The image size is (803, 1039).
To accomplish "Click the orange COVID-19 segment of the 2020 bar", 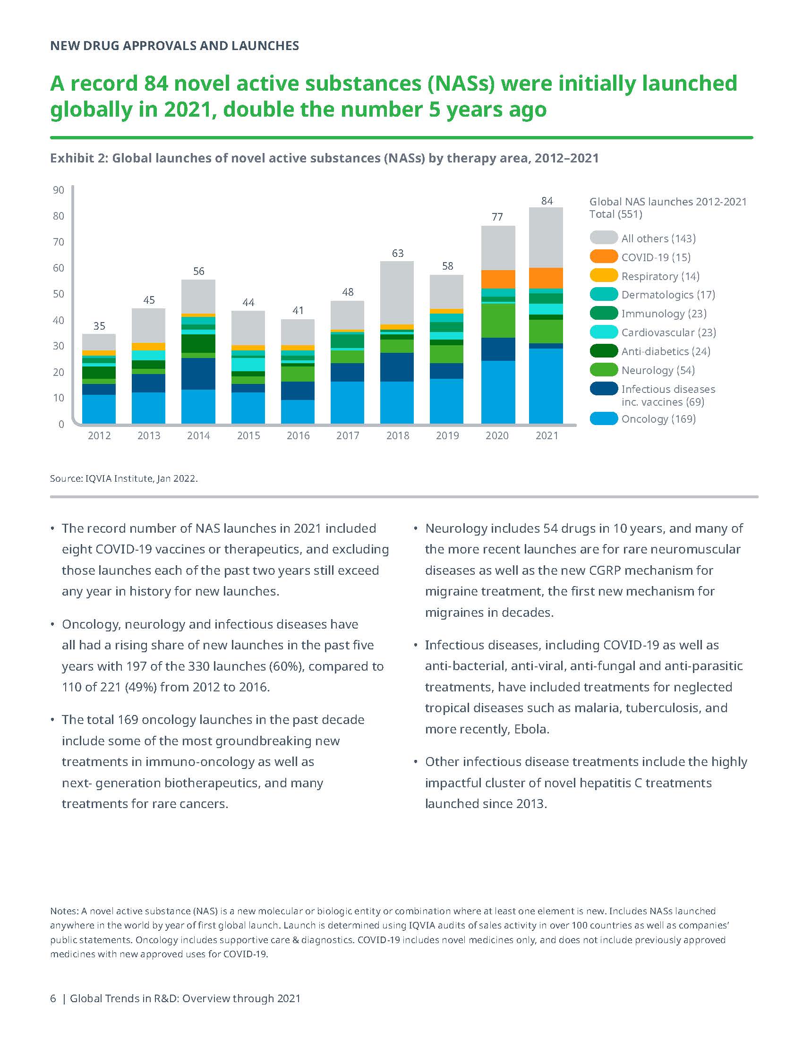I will pyautogui.click(x=497, y=279).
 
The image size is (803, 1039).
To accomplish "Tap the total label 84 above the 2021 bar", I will pyautogui.click(x=547, y=201).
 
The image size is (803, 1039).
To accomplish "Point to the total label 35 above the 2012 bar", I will pyautogui.click(x=99, y=326).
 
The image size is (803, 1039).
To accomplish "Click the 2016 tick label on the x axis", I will pyautogui.click(x=298, y=435).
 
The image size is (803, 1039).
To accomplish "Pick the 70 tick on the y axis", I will pyautogui.click(x=59, y=242).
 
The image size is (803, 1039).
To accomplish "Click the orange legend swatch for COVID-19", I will pyautogui.click(x=603, y=257).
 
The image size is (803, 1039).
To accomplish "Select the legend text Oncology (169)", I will pyautogui.click(x=658, y=418).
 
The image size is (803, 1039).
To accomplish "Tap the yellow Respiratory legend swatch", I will pyautogui.click(x=603, y=276).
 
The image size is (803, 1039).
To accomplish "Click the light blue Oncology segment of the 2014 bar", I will pyautogui.click(x=198, y=406).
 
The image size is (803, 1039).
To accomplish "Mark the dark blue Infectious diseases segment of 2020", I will pyautogui.click(x=497, y=349).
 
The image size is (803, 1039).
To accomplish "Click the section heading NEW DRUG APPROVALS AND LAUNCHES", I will pyautogui.click(x=175, y=46).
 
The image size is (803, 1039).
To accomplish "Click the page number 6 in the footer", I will pyautogui.click(x=53, y=998).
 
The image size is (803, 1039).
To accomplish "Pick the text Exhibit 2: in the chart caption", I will pyautogui.click(x=79, y=158).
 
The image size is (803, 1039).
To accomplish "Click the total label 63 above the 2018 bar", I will pyautogui.click(x=398, y=253).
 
